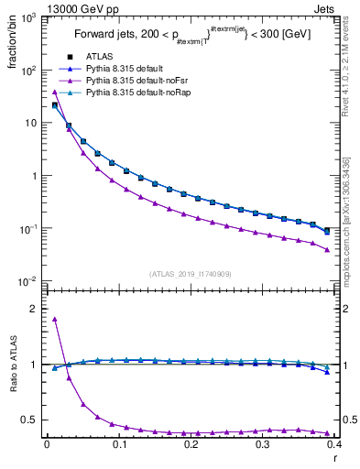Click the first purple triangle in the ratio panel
point(55,319)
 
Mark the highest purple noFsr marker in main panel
point(55,92)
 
